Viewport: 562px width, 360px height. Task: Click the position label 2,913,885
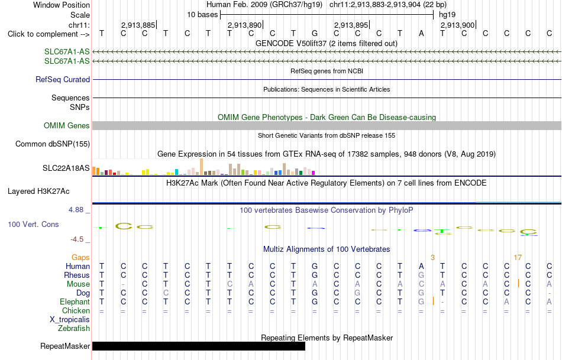[x=138, y=25]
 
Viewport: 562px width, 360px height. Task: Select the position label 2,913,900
[x=457, y=25]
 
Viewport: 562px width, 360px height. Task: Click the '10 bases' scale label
[x=202, y=15]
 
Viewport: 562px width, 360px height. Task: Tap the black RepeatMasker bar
[x=199, y=346]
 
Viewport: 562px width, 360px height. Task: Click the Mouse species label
[x=78, y=284]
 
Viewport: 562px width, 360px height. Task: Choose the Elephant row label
[x=75, y=301]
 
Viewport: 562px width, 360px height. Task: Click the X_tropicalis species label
[x=70, y=320]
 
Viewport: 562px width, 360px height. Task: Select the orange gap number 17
[x=518, y=258]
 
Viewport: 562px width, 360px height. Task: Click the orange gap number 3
[x=432, y=258]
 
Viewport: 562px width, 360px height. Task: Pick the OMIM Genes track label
[x=67, y=126]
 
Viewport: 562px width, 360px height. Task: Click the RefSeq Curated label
[x=63, y=80]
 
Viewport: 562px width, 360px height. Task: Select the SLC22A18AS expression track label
[x=66, y=168]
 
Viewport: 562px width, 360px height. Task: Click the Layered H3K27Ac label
[x=38, y=192]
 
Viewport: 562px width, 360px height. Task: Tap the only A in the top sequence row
[x=421, y=34]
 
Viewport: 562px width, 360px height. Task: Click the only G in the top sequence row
[x=315, y=34]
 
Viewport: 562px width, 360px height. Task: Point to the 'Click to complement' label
[x=49, y=34]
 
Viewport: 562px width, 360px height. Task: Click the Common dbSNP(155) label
[x=53, y=144]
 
